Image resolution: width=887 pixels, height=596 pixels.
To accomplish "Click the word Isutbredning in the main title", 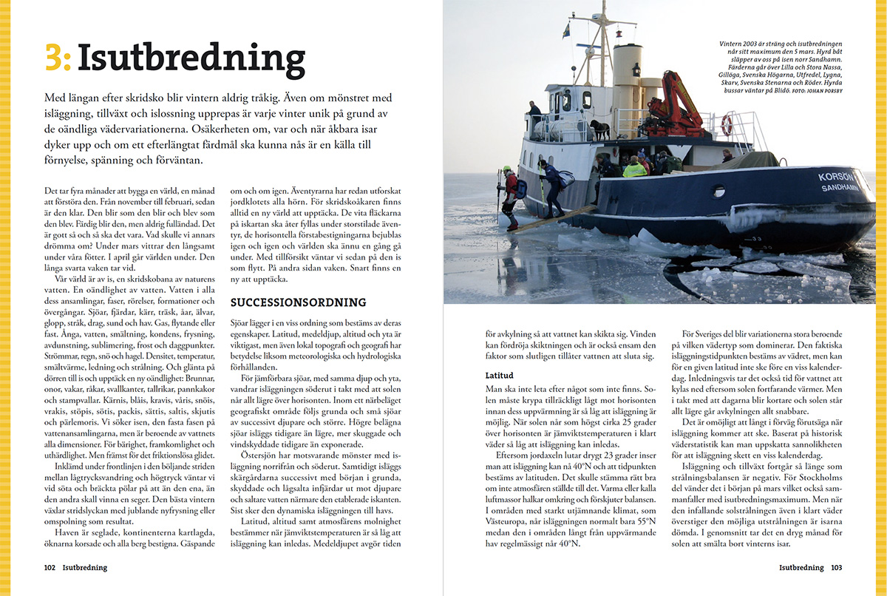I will coord(191,57).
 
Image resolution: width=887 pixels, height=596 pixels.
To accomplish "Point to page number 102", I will coord(50,568).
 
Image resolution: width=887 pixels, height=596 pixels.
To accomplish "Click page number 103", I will coord(836,568).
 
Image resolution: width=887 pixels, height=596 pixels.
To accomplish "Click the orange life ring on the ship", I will coord(727,126).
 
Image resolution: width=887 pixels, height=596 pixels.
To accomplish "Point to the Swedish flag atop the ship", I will coord(566,31).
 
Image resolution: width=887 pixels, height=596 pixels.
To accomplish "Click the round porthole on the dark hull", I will coord(718,191).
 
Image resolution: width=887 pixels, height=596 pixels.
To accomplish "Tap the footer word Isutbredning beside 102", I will coord(85,568).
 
